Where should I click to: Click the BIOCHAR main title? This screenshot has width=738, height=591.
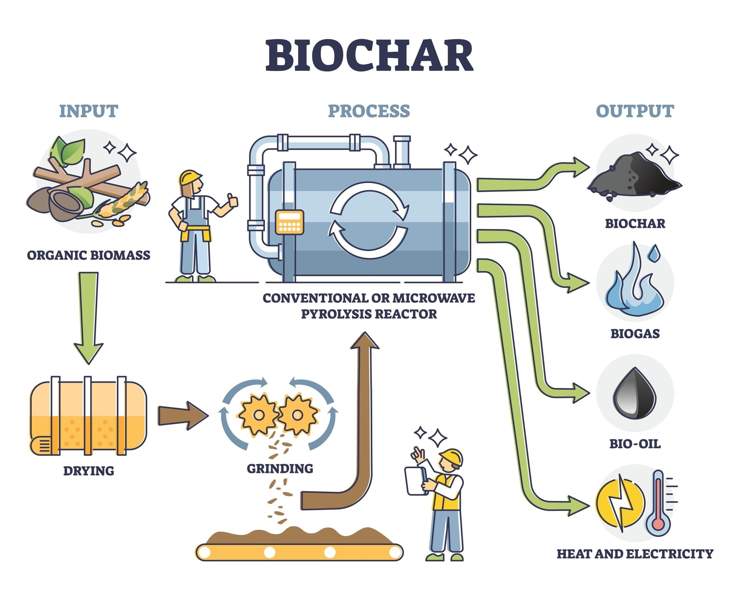[369, 55]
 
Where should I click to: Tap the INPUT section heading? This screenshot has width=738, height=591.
[88, 111]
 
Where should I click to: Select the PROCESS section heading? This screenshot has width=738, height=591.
[369, 111]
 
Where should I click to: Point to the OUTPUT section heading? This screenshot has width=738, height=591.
[635, 111]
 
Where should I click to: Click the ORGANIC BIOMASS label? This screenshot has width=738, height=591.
[88, 255]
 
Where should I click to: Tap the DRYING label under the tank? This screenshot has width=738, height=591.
[88, 471]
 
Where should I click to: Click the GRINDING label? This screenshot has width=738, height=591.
[280, 469]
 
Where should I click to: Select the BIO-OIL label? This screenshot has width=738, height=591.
[635, 444]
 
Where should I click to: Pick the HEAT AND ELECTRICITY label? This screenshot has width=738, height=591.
[635, 554]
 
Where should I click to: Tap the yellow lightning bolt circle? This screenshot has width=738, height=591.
[620, 503]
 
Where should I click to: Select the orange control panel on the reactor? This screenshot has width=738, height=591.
[289, 222]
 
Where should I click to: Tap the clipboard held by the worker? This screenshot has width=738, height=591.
[416, 481]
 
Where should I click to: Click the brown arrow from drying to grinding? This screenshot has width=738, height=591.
[183, 416]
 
